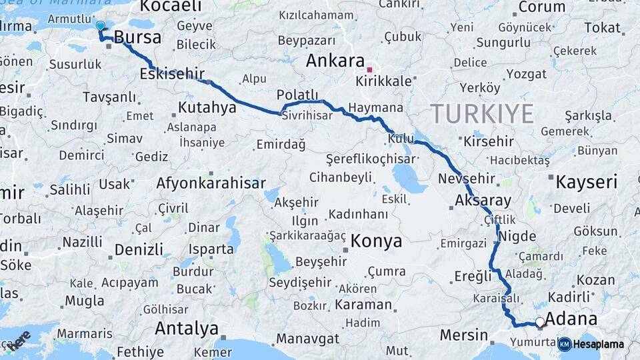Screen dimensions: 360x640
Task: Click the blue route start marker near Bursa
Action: [100, 25]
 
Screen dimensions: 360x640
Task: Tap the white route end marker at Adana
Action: [540, 323]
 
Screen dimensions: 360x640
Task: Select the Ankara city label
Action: [335, 61]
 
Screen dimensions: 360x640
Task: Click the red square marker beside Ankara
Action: [369, 69]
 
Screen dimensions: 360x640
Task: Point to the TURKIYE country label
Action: [482, 114]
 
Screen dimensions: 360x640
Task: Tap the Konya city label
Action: [377, 241]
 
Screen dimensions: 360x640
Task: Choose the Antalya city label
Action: [187, 328]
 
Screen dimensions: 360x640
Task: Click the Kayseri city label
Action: [587, 181]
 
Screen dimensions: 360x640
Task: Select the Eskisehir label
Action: [172, 74]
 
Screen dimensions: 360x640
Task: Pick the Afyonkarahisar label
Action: [211, 183]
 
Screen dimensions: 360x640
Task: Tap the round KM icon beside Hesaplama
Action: [565, 344]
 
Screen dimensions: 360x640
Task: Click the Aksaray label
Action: [483, 200]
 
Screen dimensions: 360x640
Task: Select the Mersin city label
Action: [460, 334]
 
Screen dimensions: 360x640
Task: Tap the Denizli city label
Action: [139, 249]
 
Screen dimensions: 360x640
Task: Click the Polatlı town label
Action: [297, 95]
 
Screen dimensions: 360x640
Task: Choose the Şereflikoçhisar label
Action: [371, 159]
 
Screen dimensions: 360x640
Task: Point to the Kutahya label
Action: [207, 107]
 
